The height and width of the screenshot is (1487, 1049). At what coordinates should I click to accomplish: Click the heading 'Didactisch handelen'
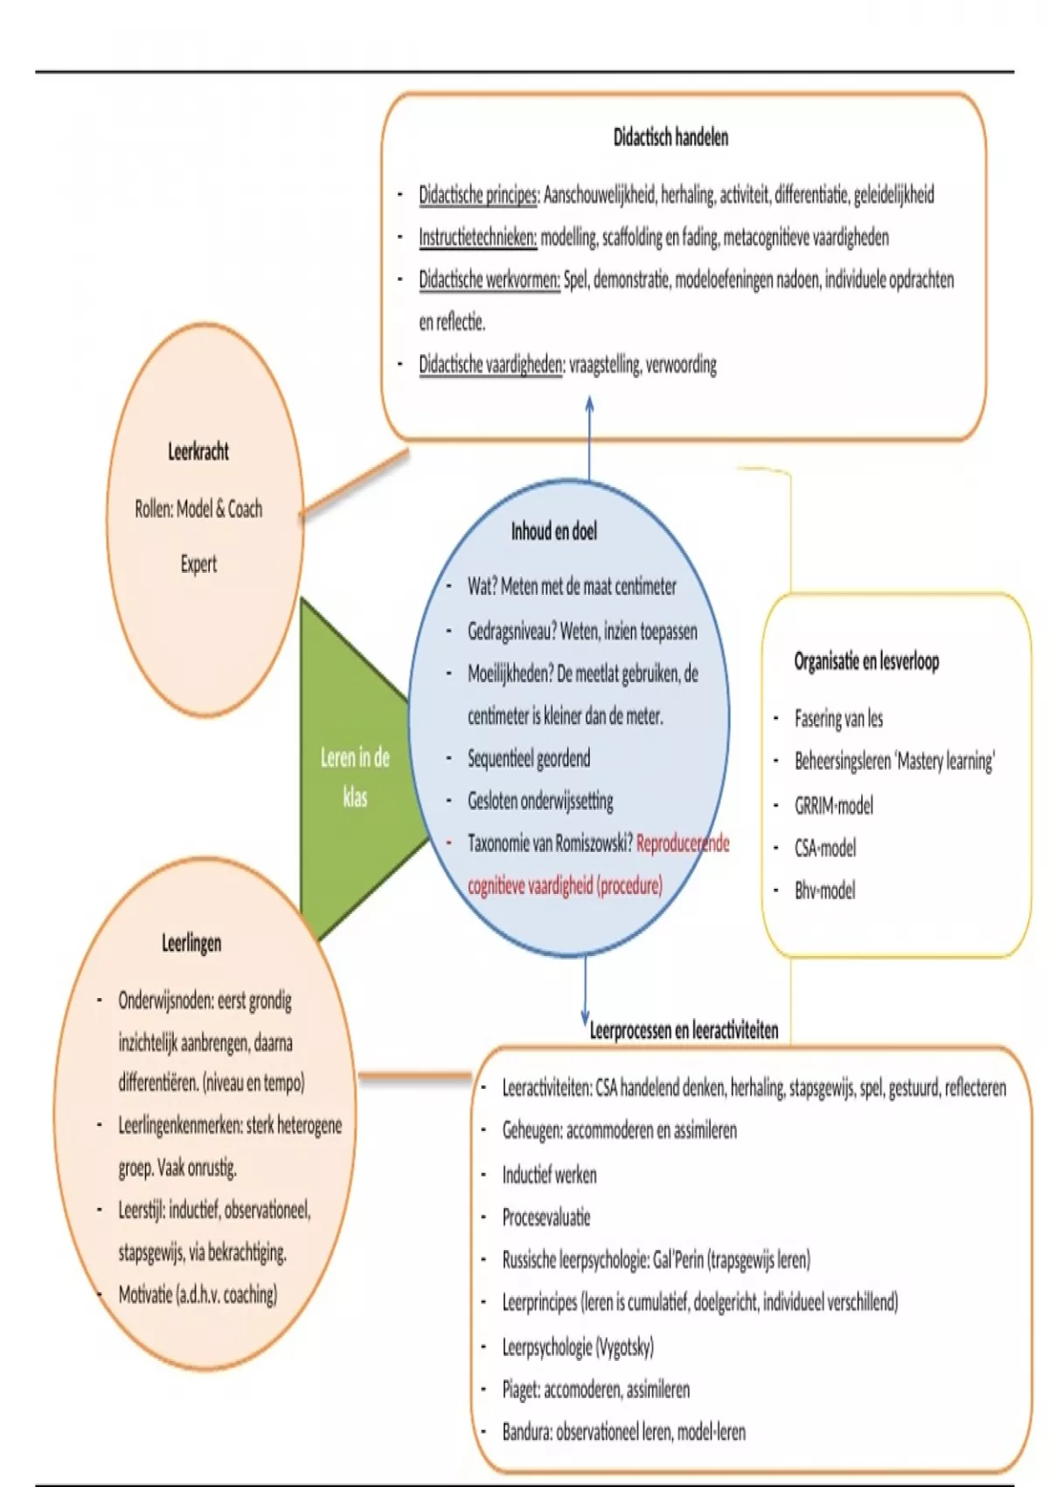coord(670,137)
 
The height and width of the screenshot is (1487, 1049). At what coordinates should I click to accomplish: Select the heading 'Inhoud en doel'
coord(554,531)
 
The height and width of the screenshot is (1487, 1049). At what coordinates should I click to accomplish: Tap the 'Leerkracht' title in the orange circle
coord(198,451)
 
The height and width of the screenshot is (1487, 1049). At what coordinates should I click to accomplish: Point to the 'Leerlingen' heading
coord(191,943)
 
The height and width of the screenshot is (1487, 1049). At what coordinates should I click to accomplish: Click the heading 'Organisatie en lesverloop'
coord(866,661)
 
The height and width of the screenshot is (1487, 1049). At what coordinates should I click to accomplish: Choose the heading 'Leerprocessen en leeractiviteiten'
coord(684,1030)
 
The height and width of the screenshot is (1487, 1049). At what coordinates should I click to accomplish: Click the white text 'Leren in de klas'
coord(355,777)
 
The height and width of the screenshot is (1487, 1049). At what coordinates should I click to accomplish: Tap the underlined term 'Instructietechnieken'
coord(477,237)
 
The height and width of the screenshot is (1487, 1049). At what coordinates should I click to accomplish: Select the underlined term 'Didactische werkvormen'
coord(489,280)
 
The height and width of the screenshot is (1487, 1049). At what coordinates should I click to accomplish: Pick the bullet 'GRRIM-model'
coord(833,805)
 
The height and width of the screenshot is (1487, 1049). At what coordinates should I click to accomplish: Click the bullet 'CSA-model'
coord(825,848)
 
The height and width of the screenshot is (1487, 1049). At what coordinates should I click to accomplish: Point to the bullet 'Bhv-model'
coord(824,890)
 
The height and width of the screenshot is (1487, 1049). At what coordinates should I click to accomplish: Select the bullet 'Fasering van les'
coord(838,719)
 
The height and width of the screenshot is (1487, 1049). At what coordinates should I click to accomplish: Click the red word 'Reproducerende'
coord(683,843)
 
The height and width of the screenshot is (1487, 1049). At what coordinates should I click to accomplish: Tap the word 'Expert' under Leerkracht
coord(198,564)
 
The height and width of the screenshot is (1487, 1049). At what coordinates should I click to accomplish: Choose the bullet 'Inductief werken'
coord(549,1175)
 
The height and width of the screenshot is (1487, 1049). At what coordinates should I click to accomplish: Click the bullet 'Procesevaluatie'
coord(546,1218)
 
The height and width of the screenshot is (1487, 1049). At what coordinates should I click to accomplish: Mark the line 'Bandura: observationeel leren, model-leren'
coord(623,1432)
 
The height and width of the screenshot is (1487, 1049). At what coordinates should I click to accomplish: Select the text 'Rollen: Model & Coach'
coord(198,508)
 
